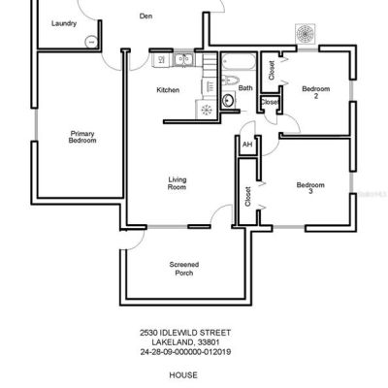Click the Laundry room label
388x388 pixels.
pos(64,23)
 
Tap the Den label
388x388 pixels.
pos(145,16)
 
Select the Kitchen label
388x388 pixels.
pos(168,90)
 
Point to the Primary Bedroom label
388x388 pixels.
pos(82,137)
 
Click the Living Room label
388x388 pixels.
pos(178,183)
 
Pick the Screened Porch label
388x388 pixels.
pos(184,269)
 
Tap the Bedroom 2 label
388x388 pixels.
pos(316,92)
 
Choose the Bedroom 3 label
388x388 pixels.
pos(310,188)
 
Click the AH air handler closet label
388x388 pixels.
pos(247,145)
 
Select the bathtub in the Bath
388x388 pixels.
pos(239,61)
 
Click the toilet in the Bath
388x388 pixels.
pos(230,80)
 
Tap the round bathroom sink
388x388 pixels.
pos(229,100)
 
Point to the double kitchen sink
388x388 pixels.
pos(183,60)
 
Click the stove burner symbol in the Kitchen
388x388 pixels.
pos(207,110)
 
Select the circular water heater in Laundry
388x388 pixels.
pos(91,42)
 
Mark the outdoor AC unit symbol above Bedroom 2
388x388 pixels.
pos(305,33)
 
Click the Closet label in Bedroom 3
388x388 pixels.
pos(247,196)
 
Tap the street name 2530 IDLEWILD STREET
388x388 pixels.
pos(185,333)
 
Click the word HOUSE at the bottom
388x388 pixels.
pos(183,375)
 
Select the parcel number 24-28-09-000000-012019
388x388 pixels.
pos(185,352)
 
